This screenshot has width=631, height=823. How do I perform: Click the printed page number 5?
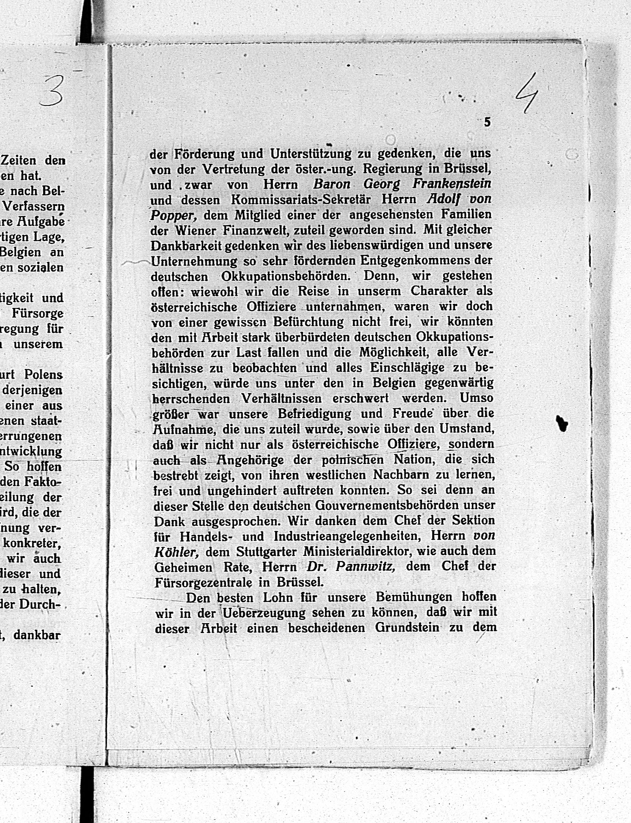pyautogui.click(x=487, y=122)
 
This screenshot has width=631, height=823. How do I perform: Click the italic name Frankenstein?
pyautogui.click(x=452, y=183)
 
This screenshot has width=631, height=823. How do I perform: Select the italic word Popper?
pyautogui.click(x=174, y=215)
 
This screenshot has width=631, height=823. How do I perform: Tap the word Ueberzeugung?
pyautogui.click(x=264, y=613)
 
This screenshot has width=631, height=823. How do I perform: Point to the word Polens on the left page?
pyautogui.click(x=43, y=375)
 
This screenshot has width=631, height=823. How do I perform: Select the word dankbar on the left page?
pyautogui.click(x=37, y=635)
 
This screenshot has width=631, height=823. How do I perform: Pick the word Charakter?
pyautogui.click(x=439, y=291)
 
